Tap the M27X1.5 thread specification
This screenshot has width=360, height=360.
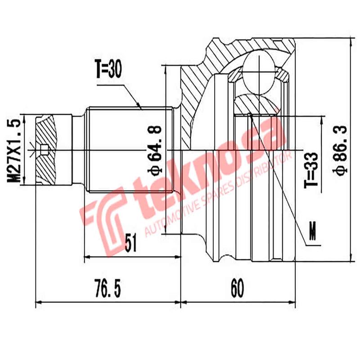coord(14,150)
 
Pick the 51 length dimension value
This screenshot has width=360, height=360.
coord(130,244)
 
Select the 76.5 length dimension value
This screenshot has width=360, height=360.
coord(108,288)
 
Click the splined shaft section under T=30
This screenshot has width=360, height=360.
coord(128,148)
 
